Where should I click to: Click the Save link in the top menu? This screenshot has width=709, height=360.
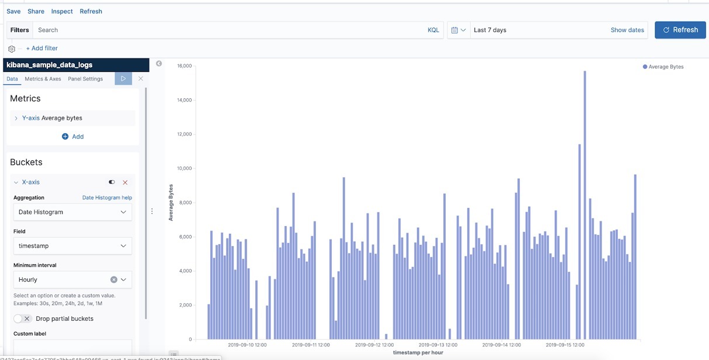click(13, 11)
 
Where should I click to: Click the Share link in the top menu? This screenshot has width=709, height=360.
click(36, 11)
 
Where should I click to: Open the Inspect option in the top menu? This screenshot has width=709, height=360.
click(62, 11)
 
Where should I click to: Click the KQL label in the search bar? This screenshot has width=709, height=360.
click(433, 30)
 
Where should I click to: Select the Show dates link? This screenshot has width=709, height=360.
click(627, 30)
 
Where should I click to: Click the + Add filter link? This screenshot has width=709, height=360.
click(41, 49)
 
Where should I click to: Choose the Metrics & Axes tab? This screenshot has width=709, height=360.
click(43, 79)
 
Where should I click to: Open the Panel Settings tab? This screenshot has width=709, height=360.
click(85, 79)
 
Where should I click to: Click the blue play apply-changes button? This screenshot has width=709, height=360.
click(123, 78)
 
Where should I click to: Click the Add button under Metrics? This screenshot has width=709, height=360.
click(73, 136)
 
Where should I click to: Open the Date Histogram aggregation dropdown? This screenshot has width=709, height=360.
click(72, 212)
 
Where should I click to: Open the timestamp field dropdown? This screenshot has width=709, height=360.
click(72, 246)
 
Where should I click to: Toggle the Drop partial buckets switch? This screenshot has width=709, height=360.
click(22, 319)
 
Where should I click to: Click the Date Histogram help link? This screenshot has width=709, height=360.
click(107, 198)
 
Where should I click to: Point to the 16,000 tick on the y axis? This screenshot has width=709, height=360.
click(184, 66)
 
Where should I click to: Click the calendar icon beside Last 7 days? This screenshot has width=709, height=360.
click(455, 30)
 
